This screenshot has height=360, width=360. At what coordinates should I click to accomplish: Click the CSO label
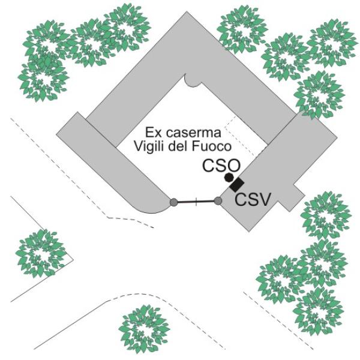(x=221, y=166)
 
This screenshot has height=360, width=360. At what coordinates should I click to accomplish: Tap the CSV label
(x=253, y=200)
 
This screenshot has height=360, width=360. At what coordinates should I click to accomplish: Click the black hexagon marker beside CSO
(x=229, y=178)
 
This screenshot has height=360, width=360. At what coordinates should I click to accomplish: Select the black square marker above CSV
(x=237, y=185)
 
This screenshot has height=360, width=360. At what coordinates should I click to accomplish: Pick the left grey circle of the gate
(x=174, y=202)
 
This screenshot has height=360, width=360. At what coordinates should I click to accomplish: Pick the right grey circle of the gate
(x=218, y=201)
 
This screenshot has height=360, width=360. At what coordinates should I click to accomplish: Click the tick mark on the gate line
(x=196, y=202)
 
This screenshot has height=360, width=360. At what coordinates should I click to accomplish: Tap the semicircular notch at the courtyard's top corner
(x=193, y=82)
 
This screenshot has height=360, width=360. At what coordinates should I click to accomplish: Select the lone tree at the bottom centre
(x=144, y=329)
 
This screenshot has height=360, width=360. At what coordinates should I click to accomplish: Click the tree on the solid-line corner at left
(x=41, y=253)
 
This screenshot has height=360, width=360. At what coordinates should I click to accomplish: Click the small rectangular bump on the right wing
(x=292, y=197)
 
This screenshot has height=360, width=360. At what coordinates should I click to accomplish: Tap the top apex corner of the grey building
(x=187, y=12)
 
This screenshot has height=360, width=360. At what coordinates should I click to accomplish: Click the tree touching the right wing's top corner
(x=319, y=95)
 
